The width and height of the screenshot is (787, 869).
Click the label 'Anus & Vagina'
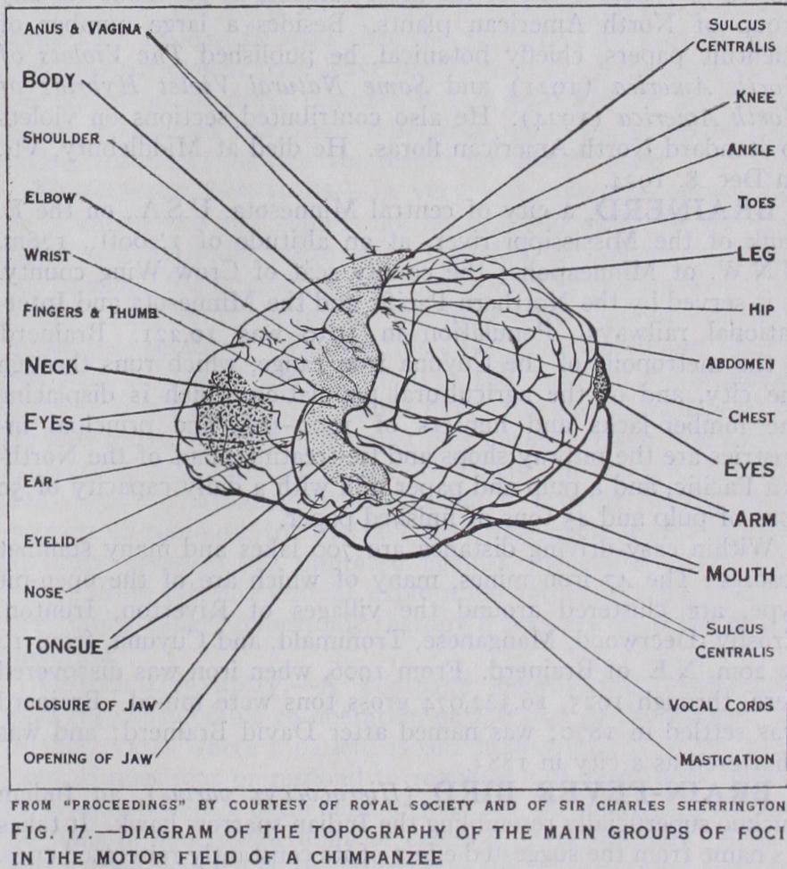pos(79,29)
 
